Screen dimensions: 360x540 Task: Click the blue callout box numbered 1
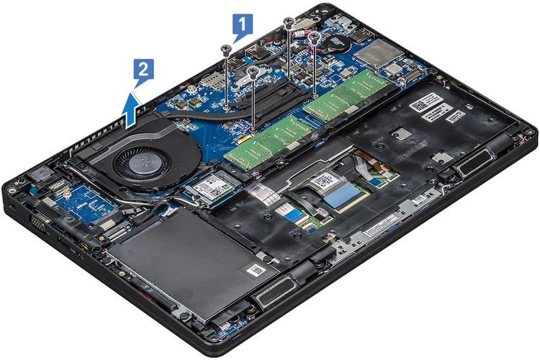(x=243, y=26)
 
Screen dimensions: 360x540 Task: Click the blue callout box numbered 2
(x=143, y=71)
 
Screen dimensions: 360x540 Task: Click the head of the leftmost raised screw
(x=226, y=49)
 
